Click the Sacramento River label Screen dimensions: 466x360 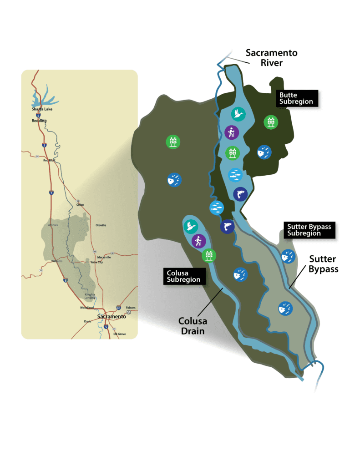point(272,57)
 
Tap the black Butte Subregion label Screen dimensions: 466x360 point(296,98)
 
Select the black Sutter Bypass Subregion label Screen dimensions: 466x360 point(309,229)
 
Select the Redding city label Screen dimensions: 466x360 point(39,121)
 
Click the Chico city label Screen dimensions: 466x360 point(80,205)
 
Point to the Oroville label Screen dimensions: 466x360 point(101,225)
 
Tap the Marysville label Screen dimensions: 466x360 point(104,257)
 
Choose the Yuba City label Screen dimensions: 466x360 point(97,262)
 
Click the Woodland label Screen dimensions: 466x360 point(87,308)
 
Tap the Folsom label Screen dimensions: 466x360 point(131,308)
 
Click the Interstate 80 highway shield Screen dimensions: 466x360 point(118,308)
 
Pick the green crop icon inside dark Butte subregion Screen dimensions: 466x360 point(271,122)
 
